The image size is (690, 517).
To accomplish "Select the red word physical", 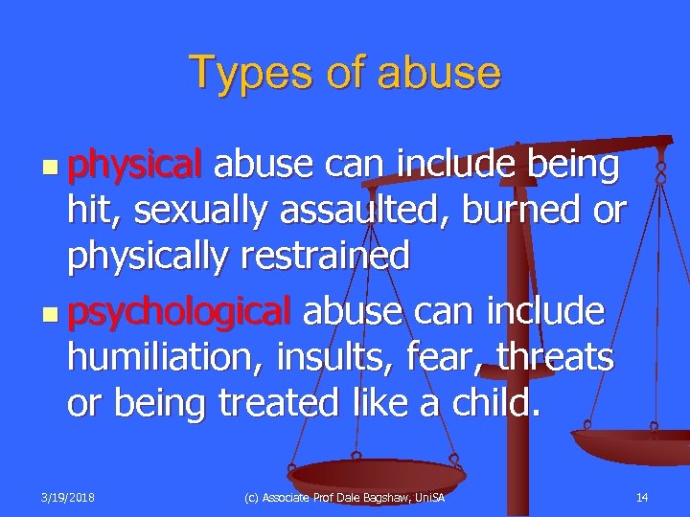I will pyautogui.click(x=133, y=165).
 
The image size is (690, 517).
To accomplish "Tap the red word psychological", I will pyautogui.click(x=178, y=311).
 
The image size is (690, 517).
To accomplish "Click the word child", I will pyautogui.click(x=492, y=403).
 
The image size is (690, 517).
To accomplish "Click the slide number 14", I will pyautogui.click(x=642, y=498).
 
